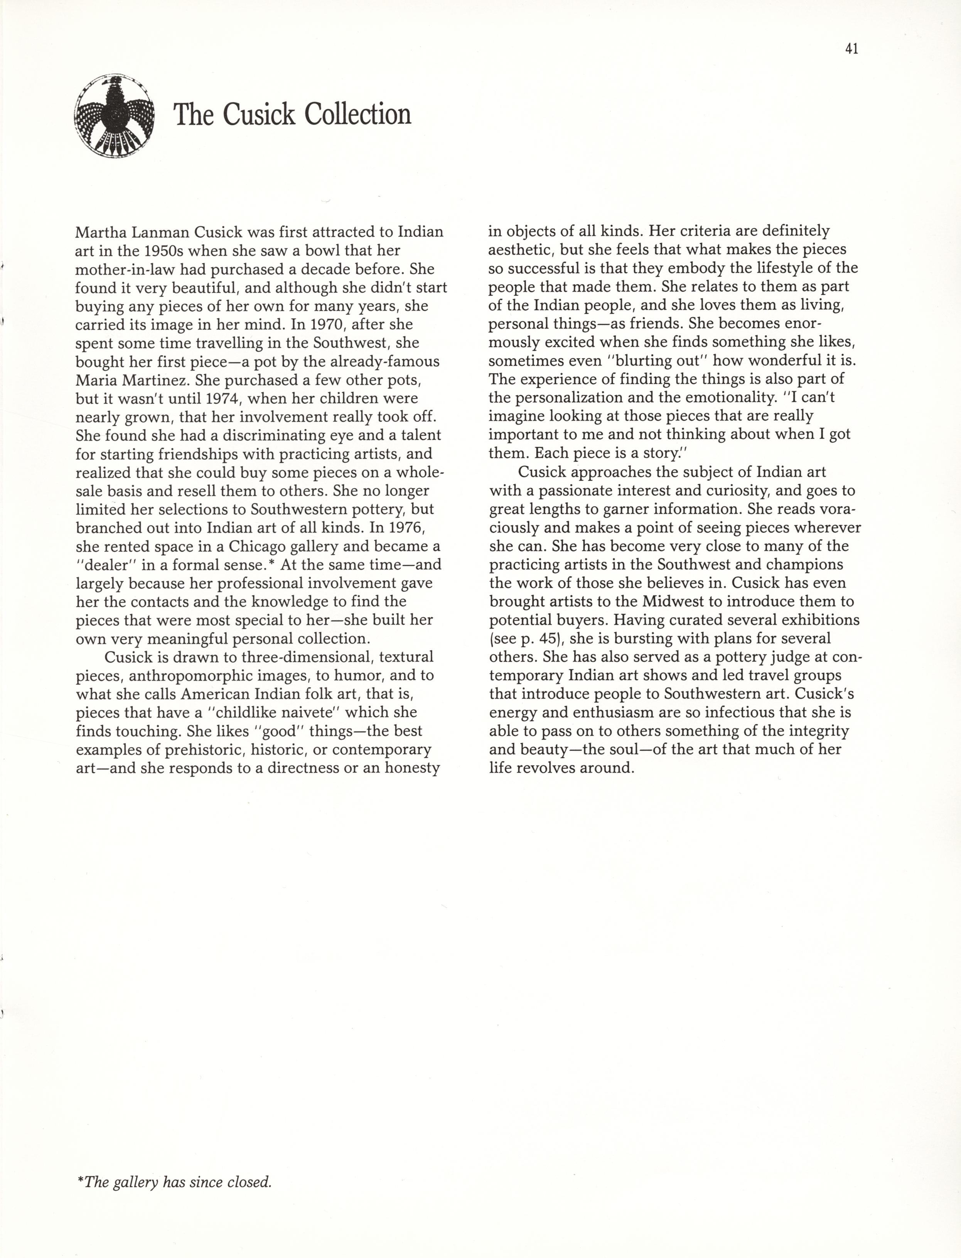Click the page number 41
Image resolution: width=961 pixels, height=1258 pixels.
[x=851, y=49]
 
